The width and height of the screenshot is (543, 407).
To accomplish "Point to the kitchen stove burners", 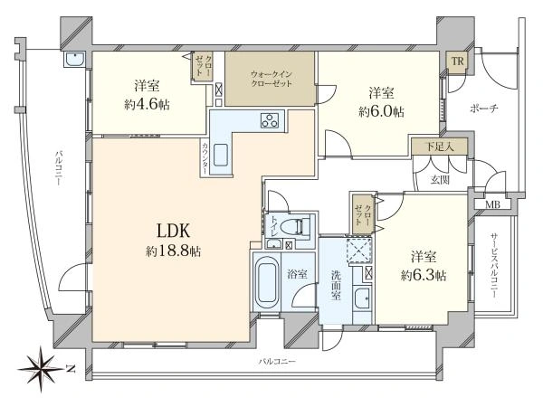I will (x=271, y=120).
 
